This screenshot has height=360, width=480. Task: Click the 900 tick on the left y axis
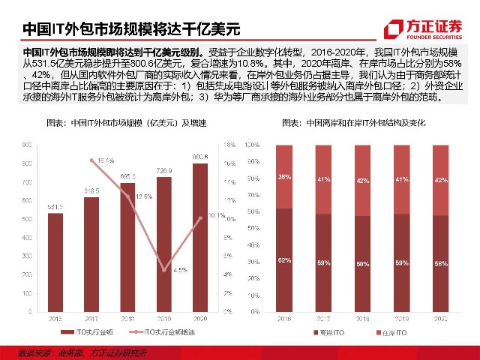[x=27, y=145]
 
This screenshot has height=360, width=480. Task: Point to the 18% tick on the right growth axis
[x=230, y=145]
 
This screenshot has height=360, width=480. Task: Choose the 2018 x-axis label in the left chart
[x=128, y=319]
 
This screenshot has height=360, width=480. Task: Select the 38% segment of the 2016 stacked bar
[x=284, y=176]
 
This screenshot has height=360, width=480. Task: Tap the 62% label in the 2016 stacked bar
[x=284, y=259]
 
